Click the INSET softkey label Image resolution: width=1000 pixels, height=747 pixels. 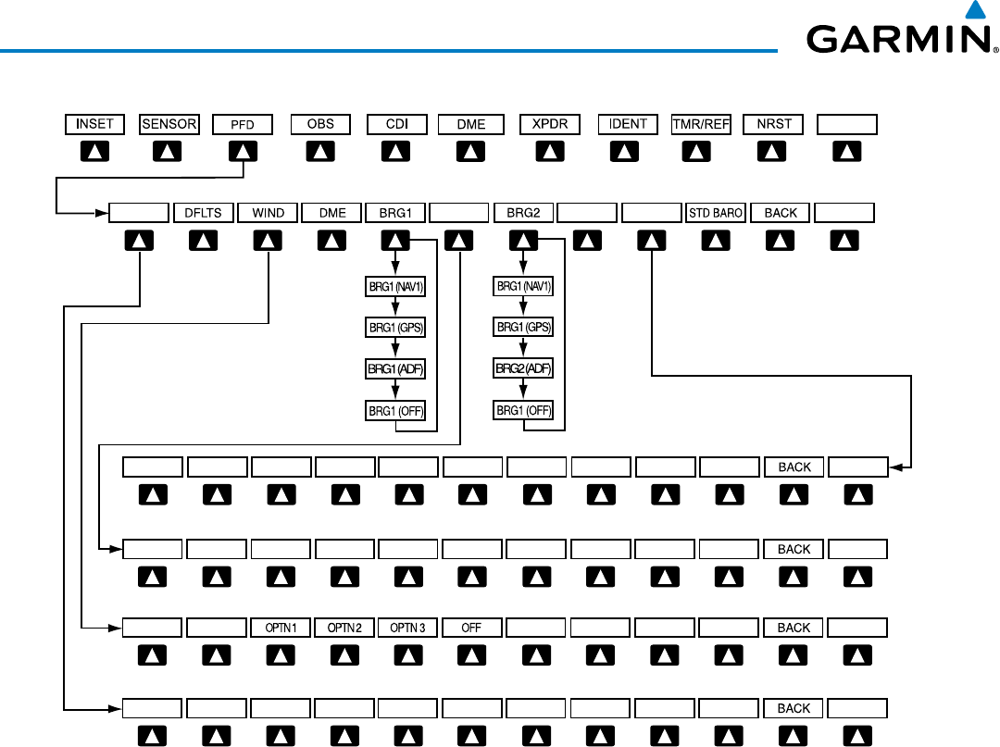[x=94, y=124]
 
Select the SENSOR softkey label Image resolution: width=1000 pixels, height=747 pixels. [x=169, y=124]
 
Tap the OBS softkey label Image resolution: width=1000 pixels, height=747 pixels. [x=320, y=124]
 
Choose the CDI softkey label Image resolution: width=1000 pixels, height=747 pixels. [x=395, y=124]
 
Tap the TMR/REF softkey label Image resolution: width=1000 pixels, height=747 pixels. [x=701, y=124]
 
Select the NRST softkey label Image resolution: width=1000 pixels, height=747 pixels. [x=773, y=124]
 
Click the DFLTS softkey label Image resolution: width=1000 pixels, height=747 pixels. [x=204, y=213]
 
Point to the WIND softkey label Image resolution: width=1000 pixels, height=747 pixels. [x=268, y=213]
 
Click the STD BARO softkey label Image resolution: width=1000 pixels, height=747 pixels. [x=716, y=213]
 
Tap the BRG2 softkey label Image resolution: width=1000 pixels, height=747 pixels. [x=524, y=213]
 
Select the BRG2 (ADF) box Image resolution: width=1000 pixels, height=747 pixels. [x=524, y=368]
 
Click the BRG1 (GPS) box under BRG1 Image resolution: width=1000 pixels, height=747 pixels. [x=395, y=328]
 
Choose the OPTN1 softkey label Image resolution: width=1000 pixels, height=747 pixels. [x=280, y=628]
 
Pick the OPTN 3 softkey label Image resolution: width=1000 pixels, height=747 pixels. [x=407, y=628]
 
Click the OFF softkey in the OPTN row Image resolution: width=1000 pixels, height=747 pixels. [x=471, y=628]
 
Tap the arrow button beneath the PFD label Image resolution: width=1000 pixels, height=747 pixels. [x=243, y=150]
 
